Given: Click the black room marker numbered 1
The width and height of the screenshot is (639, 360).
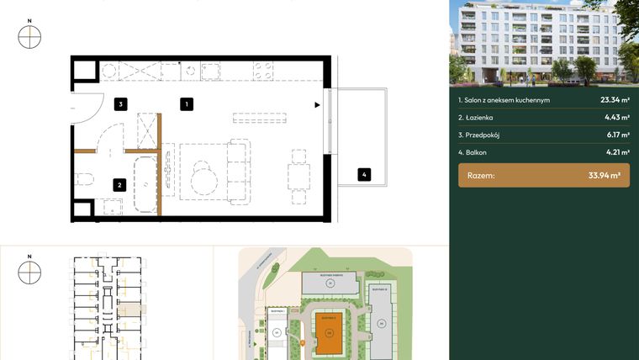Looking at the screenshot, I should click(187, 104).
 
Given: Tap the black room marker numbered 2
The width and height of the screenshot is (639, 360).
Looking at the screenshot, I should click(120, 185).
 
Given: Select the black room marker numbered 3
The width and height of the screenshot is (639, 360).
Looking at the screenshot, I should click(121, 104).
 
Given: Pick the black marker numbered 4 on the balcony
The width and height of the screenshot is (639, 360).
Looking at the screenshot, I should click(363, 175).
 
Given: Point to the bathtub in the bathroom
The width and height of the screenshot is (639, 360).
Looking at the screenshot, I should click(146, 183).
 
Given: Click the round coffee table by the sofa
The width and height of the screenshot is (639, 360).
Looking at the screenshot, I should click(204, 179).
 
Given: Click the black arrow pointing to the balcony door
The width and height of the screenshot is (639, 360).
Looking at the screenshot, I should click(317, 105).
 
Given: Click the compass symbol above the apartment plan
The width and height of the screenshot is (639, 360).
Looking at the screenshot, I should click(29, 37).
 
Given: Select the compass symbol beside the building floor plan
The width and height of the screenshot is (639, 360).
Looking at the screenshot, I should click(29, 272).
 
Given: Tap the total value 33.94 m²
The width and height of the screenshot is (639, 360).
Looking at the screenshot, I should click(604, 176).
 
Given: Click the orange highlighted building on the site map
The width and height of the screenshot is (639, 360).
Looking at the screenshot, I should click(330, 336).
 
